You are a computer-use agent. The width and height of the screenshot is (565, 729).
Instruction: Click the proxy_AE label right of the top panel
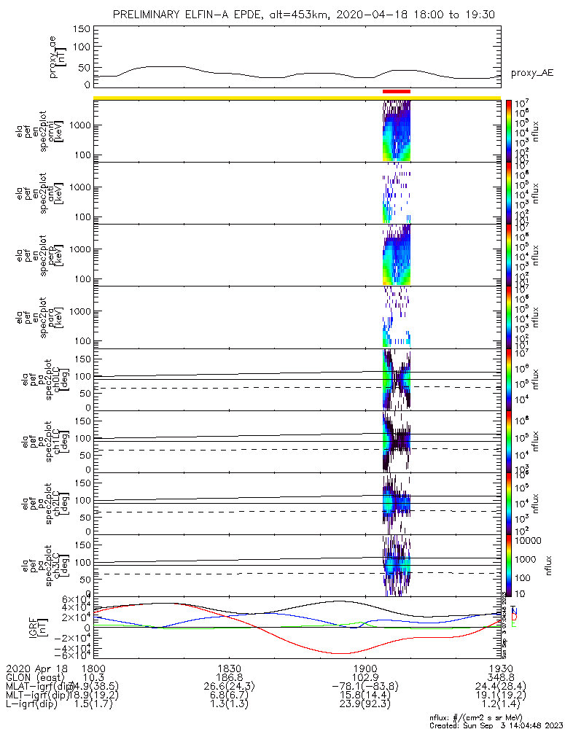[531, 73]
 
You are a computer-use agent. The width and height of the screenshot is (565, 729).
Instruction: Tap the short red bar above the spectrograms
[397, 92]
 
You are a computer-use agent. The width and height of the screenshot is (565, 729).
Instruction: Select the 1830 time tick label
[229, 667]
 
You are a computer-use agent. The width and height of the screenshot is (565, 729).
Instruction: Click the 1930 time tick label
[500, 667]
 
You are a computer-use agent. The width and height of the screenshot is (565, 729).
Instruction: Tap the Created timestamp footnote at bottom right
[496, 725]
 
